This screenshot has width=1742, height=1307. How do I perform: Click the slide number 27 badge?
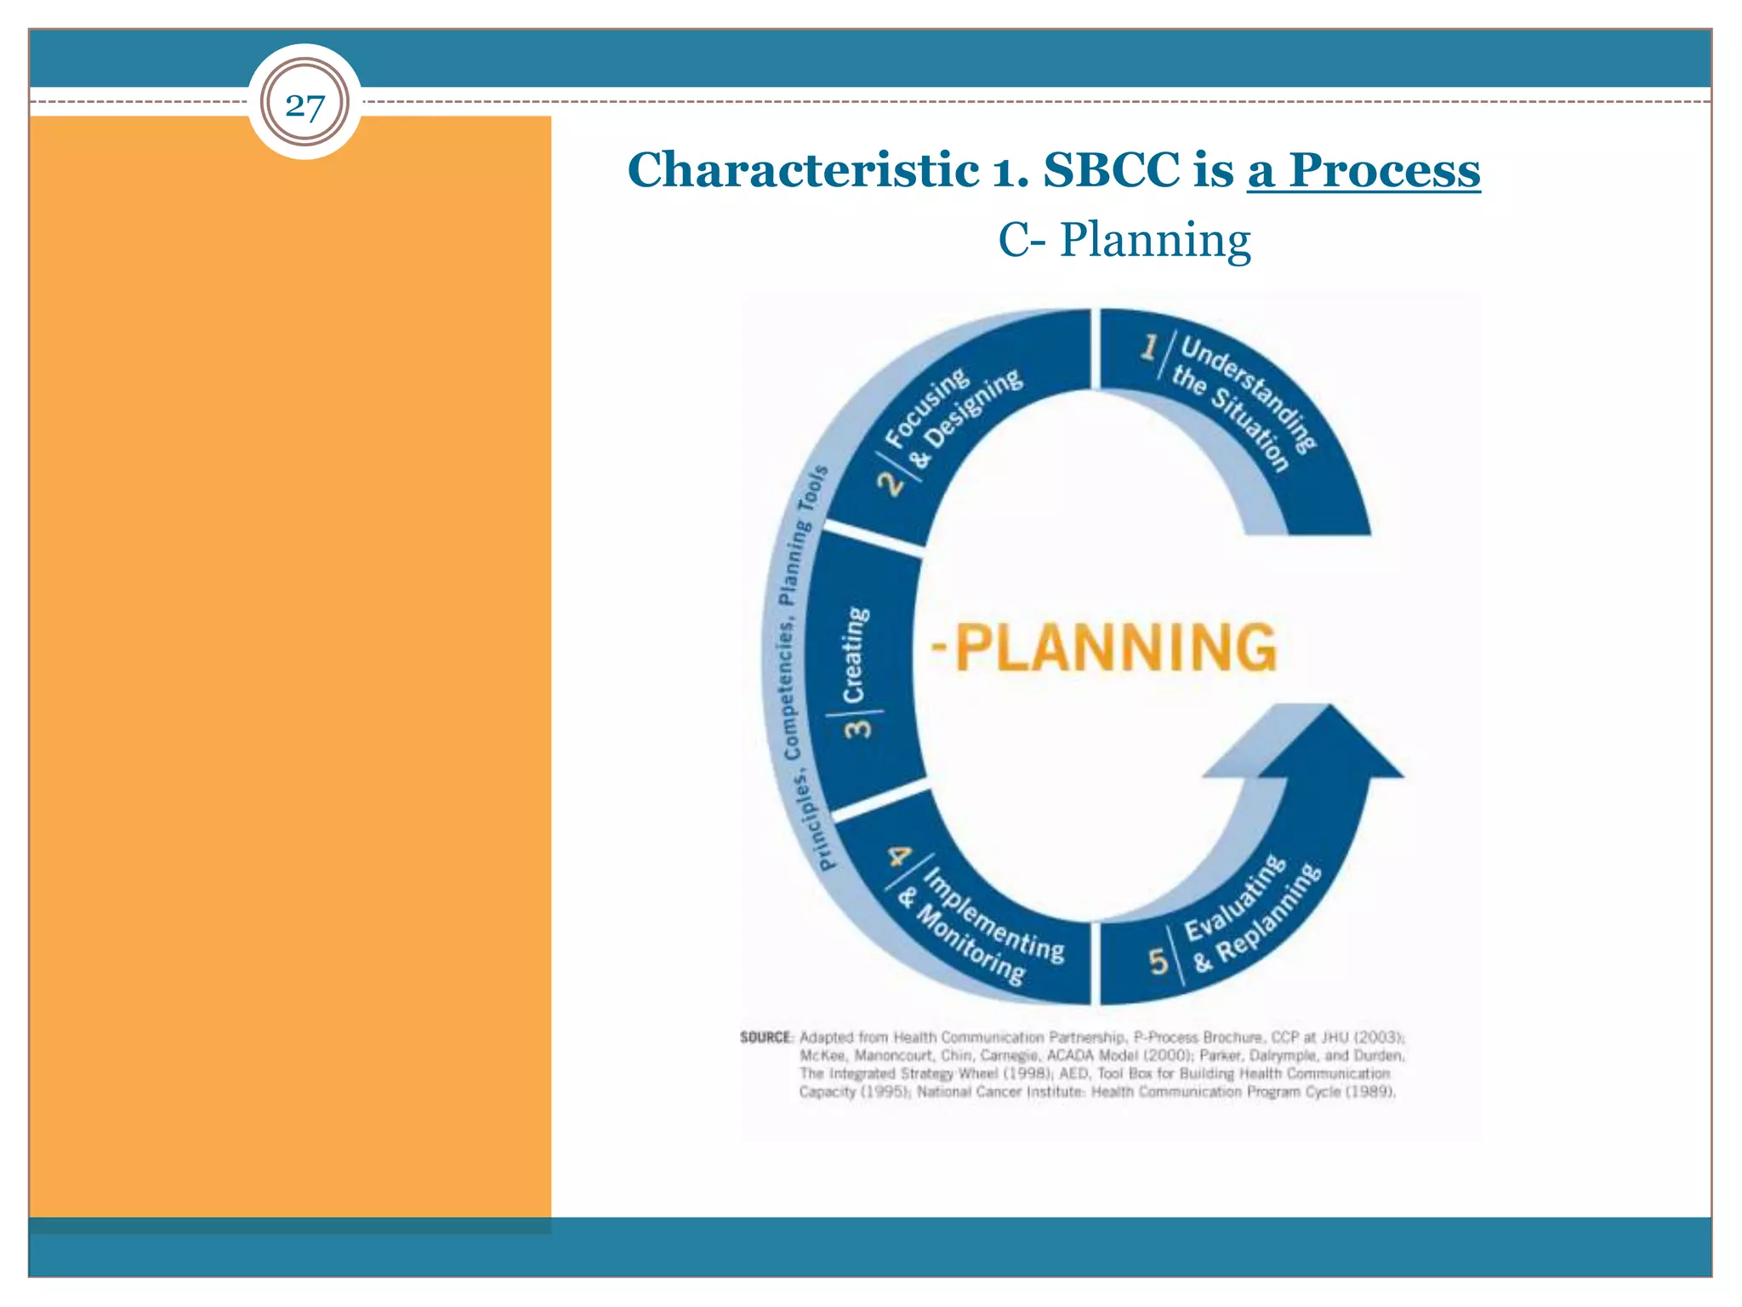pos(305,104)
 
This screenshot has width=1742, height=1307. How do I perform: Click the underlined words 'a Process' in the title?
pos(1363,170)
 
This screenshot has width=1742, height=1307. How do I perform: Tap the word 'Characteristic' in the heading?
pos(802,170)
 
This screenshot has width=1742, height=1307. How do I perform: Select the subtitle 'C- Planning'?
pos(1124,240)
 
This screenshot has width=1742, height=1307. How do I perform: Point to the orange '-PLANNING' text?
pos(1104,648)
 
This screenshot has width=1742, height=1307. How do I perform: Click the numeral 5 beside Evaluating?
pos(1158,962)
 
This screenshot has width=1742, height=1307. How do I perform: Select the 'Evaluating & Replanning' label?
pos(1250,916)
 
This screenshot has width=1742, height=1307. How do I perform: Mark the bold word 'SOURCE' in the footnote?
pos(766,1037)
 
